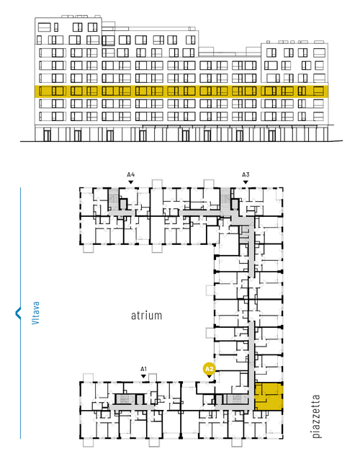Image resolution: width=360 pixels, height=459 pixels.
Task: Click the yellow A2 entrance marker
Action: point(209,369)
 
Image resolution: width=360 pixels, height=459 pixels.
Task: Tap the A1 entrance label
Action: point(143,369)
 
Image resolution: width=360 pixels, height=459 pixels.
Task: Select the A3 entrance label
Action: point(246,174)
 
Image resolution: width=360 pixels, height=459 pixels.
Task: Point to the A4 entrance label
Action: point(131,174)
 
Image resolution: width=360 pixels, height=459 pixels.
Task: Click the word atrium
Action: point(146,316)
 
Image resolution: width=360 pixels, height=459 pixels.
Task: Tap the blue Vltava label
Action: point(36,313)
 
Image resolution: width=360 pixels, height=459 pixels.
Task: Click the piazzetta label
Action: point(316,416)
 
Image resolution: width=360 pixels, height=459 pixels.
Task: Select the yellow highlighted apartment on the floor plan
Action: point(268,396)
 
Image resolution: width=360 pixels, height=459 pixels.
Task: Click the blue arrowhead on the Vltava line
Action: point(18,313)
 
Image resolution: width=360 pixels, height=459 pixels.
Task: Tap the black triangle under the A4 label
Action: point(131,182)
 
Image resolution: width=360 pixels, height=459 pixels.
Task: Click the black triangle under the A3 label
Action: point(246,182)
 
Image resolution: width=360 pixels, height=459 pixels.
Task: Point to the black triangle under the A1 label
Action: point(143,376)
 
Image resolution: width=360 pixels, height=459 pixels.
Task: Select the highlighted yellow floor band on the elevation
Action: point(181,91)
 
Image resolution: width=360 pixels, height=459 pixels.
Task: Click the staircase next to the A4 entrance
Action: point(113,199)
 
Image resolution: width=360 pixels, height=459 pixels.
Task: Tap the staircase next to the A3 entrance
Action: point(225,199)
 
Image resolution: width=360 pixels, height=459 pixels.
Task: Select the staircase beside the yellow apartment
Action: point(237,398)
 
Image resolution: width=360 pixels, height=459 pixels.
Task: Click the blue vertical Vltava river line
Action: point(20,313)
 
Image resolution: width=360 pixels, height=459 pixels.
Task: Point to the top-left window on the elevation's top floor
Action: point(44,27)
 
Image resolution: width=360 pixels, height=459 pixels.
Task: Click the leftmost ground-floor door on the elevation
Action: point(47,135)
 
